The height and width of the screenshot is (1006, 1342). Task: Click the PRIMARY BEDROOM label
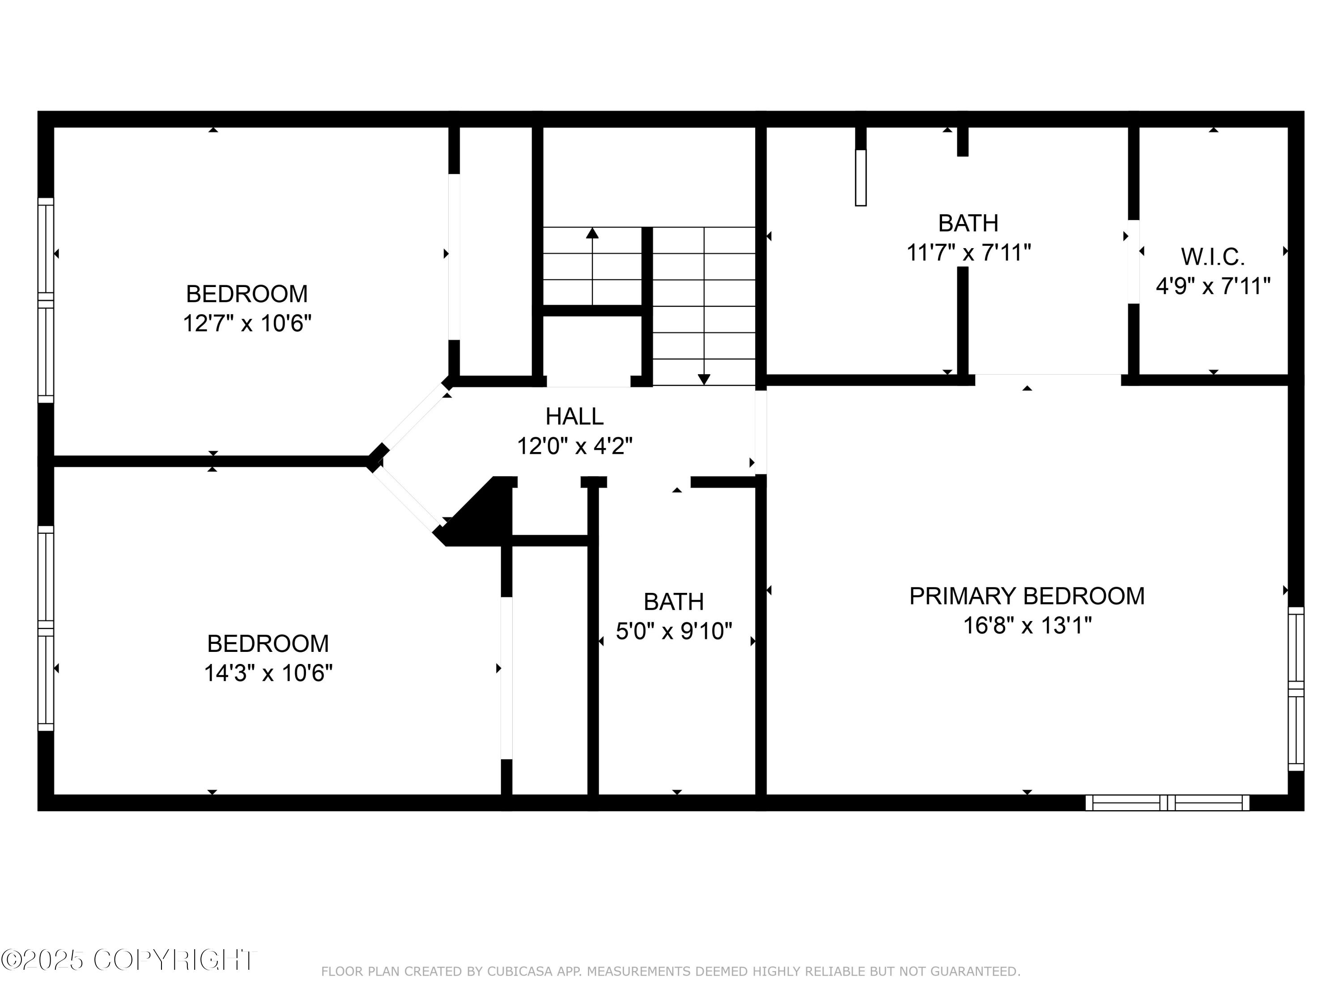[x=1027, y=596]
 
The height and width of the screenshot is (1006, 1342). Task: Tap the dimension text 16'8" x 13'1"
[x=1027, y=625]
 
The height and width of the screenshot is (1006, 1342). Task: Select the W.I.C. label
[x=1212, y=257]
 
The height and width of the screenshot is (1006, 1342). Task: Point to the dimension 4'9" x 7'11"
[x=1212, y=286]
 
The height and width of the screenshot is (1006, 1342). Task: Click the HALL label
[x=574, y=417]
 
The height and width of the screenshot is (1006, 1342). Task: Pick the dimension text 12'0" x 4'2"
[x=574, y=446]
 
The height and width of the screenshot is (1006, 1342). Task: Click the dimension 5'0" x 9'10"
[x=673, y=631]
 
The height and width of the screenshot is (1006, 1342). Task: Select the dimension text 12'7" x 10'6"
[x=247, y=323]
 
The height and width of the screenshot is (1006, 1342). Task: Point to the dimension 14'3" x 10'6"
[x=268, y=673]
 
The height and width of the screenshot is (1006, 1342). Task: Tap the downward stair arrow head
[x=704, y=380]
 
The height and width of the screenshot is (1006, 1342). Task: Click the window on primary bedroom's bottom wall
[x=1167, y=803]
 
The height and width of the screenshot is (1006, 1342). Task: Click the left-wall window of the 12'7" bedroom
[x=46, y=300]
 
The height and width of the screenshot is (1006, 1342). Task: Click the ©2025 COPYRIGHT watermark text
[x=129, y=960]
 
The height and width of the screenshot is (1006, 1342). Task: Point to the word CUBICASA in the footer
[x=520, y=972]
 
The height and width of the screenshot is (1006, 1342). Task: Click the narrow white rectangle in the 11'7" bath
[x=860, y=178]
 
